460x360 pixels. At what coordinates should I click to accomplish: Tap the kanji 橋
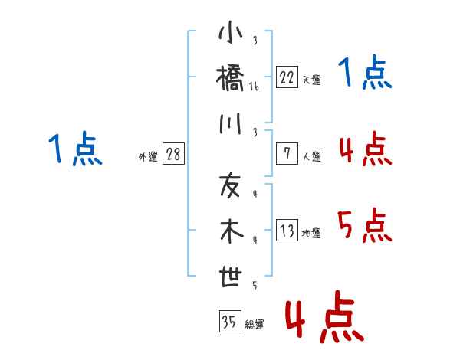tap(230, 80)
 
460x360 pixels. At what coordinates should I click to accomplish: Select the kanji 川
tap(230, 126)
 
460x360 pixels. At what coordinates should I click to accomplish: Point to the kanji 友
tap(230, 185)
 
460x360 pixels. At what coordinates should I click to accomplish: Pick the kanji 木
tap(230, 232)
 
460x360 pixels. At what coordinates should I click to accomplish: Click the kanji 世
tap(230, 278)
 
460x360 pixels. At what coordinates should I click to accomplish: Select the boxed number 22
tap(287, 77)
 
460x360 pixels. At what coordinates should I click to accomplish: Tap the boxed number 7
tap(287, 153)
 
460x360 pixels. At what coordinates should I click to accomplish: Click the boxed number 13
tap(287, 231)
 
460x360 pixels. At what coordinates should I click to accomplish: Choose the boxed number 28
tap(173, 155)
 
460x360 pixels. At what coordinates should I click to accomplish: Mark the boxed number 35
tap(228, 322)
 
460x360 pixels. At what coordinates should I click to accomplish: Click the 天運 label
tap(311, 80)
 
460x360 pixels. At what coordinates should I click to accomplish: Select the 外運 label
tap(148, 157)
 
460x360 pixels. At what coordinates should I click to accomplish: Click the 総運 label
tap(255, 325)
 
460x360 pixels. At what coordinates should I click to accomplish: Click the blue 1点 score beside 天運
tap(365, 74)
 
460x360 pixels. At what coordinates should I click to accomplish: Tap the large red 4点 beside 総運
tap(324, 319)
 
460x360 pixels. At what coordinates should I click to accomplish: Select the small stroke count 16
tap(255, 87)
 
